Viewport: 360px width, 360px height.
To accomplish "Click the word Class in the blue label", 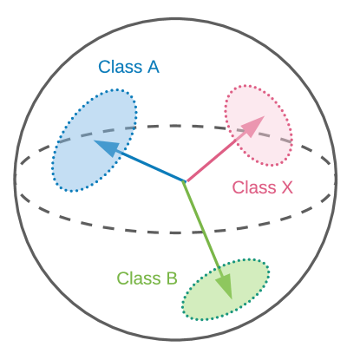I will point(118,67).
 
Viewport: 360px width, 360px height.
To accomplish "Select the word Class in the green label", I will point(135,278).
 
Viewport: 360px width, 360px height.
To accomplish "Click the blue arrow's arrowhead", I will point(105,147).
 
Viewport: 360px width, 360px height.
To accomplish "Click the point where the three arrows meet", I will point(185,181).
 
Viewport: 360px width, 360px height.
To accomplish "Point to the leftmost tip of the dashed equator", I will point(16,179).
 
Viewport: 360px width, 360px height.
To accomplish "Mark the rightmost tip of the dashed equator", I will point(337,179).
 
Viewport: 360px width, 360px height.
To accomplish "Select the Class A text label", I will point(128,67).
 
